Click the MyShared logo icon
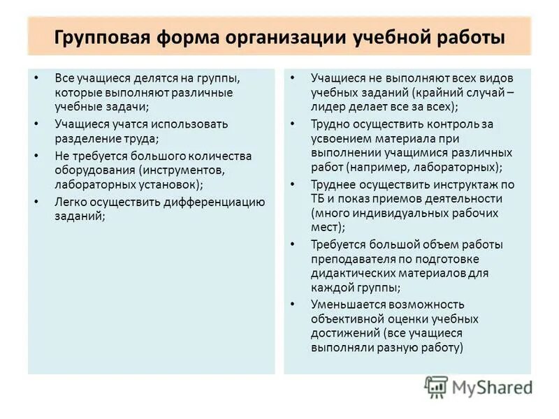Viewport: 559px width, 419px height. pos(437,386)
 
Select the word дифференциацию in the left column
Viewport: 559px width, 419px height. pos(215,202)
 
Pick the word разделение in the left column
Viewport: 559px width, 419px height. pos(86,138)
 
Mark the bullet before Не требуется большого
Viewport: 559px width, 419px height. pos(36,154)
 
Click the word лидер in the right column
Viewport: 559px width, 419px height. pos(328,108)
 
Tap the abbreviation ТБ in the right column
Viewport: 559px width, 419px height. pos(319,198)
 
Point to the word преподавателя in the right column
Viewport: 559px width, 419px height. pos(347,259)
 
